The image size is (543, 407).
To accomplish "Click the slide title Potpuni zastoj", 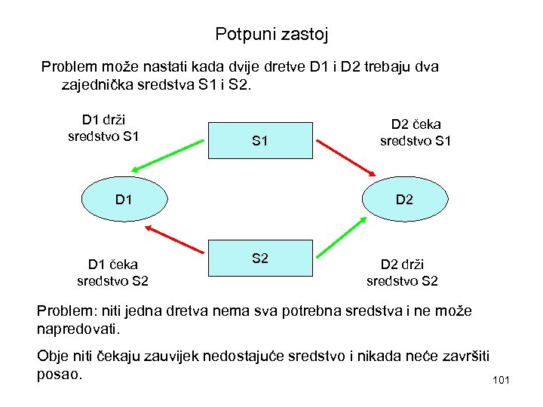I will click(271, 34).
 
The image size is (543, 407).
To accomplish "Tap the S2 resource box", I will click(260, 259).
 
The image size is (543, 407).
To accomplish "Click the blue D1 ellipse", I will click(124, 200).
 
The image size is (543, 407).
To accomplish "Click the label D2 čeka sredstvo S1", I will click(416, 132).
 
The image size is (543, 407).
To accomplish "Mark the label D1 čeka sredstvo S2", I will click(112, 272).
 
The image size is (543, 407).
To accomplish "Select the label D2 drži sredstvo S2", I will click(402, 272).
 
